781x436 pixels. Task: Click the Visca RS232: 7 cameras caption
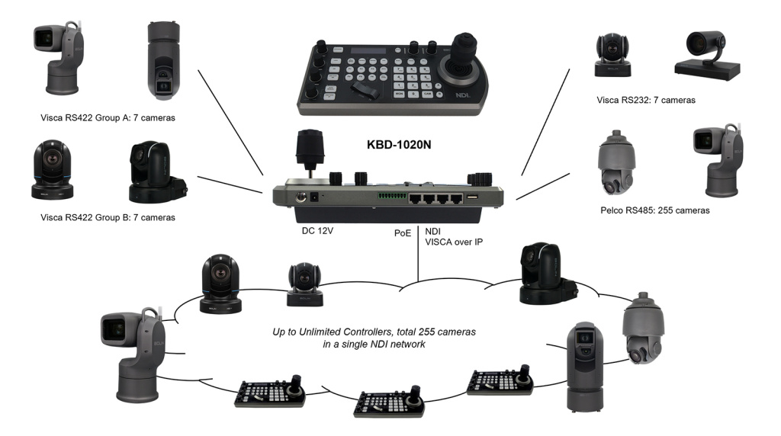(646, 99)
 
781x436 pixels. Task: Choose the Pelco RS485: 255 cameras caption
(654, 210)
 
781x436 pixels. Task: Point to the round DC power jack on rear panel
(311, 197)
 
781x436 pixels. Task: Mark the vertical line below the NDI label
(419, 268)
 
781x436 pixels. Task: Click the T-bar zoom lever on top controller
(366, 91)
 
